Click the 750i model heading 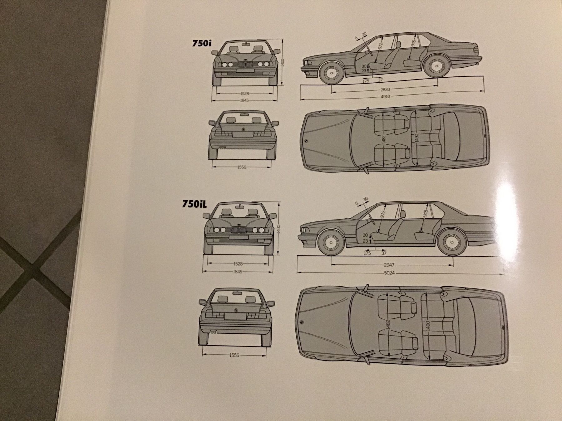click(x=202, y=44)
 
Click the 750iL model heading click(x=195, y=205)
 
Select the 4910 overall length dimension click(x=385, y=97)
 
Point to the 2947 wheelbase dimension click(x=389, y=265)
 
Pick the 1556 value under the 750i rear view click(x=241, y=167)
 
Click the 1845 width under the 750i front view click(x=244, y=100)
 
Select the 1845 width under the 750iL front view click(x=237, y=272)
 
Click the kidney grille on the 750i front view click(x=244, y=65)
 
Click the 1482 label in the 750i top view click(x=384, y=140)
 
